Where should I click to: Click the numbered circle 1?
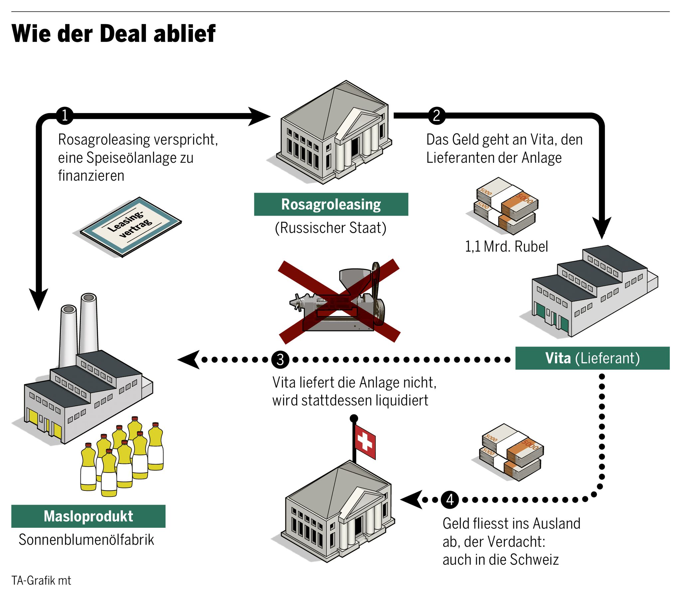(x=65, y=116)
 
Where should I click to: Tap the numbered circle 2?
(x=437, y=116)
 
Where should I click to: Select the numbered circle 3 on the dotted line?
(x=280, y=359)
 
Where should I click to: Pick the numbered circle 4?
(x=450, y=499)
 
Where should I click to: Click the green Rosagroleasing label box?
(x=331, y=204)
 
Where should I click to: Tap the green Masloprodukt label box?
(x=88, y=516)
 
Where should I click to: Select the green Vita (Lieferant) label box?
(x=592, y=358)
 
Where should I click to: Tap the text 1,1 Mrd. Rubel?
(x=506, y=247)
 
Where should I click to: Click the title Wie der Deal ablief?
(x=113, y=34)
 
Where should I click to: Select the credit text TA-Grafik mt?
(x=41, y=580)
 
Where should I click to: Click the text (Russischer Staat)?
(x=331, y=228)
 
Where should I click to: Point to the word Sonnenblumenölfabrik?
(x=86, y=540)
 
